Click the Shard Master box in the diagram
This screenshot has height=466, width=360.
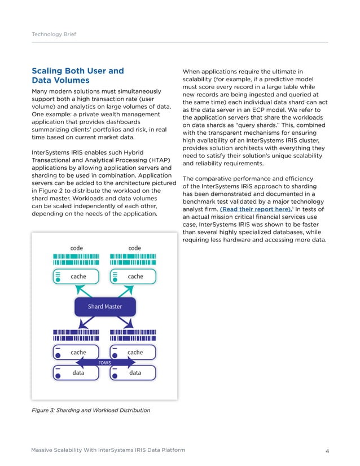pos(104,307)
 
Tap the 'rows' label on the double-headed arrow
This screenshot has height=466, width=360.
pos(104,362)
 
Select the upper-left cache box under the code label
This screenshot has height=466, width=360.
pos(76,276)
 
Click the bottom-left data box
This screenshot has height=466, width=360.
pos(76,373)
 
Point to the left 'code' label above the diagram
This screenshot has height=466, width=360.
pos(76,247)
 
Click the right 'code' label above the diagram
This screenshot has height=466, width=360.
pos(134,247)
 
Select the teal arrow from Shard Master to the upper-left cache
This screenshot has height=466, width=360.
pos(84,292)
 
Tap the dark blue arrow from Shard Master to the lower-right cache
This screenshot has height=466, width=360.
pos(125,323)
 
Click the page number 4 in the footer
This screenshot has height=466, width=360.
pos(327,450)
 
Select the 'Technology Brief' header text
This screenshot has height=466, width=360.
pos(54,34)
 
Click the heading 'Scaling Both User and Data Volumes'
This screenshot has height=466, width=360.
pos(77,76)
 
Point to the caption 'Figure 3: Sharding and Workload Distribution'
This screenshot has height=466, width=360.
pos(90,410)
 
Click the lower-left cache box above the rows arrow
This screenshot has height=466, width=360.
pos(76,352)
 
